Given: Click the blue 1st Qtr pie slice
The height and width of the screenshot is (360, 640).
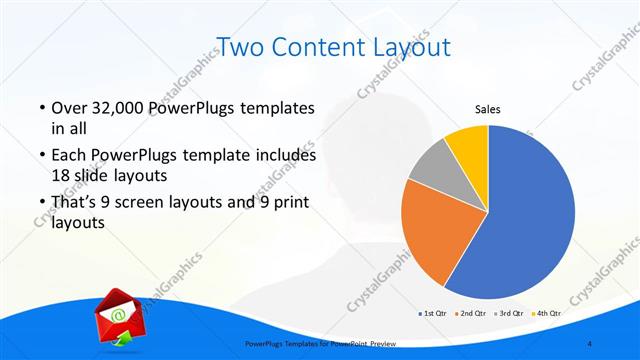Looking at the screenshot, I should point(530,220).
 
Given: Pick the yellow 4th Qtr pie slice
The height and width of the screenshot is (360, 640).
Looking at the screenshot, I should point(467,142).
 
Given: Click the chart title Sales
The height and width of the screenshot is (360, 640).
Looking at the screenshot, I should point(487,110).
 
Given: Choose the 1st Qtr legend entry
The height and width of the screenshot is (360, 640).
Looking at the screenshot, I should point(433,314).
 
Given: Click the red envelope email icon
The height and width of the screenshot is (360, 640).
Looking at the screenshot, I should point(114,317).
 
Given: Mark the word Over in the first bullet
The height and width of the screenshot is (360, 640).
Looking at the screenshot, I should point(68,107).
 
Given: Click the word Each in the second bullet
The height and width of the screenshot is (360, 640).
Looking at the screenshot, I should point(68,156).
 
